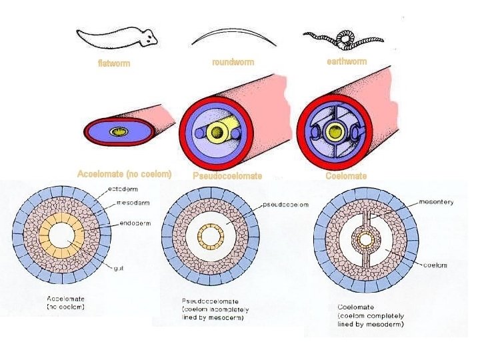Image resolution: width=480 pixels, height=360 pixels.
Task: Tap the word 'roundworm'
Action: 233,62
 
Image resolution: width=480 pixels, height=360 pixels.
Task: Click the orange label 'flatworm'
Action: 113,64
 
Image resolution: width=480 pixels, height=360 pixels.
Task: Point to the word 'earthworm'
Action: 347,61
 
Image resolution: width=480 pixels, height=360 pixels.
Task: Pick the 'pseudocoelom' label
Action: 286,205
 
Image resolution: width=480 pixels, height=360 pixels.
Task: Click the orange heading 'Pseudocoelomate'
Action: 227,176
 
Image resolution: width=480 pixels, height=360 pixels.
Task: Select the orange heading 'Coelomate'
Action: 346,176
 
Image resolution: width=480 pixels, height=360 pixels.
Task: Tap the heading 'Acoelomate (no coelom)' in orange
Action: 125,174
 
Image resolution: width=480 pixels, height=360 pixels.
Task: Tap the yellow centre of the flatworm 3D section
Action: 121,132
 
